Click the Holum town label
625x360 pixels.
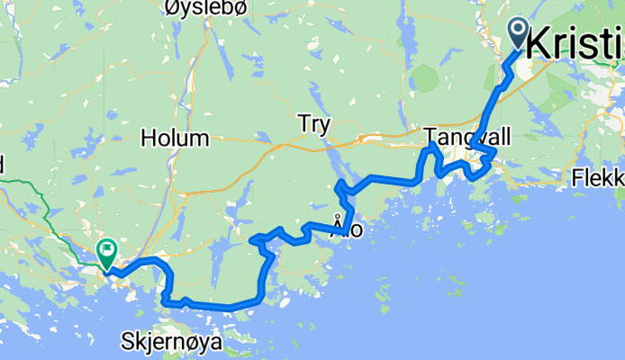(x=175, y=139)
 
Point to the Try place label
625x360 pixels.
(x=314, y=124)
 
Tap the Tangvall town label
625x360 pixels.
(x=467, y=137)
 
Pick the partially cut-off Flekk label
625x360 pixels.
(x=598, y=180)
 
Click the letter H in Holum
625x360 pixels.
(x=148, y=139)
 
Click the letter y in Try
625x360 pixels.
(x=325, y=126)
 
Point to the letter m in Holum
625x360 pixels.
(x=200, y=139)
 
